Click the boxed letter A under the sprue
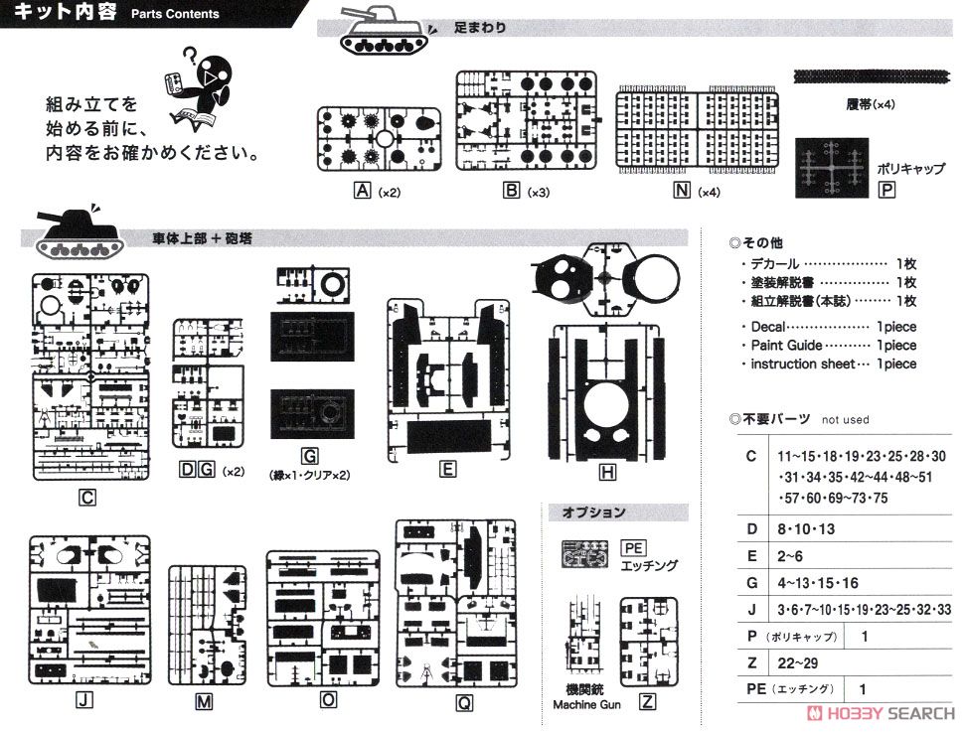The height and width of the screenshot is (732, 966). point(362,191)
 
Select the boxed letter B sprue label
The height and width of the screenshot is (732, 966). point(512,191)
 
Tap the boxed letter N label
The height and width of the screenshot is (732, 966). point(682,191)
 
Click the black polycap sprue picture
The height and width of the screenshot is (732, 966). point(832,168)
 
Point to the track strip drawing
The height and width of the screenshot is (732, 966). point(872,76)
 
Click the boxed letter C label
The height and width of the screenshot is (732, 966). point(87,498)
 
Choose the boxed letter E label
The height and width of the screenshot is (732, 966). point(447,469)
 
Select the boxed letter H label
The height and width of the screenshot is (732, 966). point(607,472)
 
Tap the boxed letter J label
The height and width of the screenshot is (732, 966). point(84,699)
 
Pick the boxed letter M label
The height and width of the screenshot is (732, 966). point(204,701)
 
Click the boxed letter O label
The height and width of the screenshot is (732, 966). point(328,699)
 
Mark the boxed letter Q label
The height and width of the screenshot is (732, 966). point(464,702)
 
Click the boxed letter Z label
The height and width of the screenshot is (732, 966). point(647,701)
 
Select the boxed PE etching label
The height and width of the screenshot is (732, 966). point(633,548)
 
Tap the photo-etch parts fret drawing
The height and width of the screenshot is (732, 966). point(584,553)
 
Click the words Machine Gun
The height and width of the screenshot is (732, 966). point(586,705)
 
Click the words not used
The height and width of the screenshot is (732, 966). point(845,420)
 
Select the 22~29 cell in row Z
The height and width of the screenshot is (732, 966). point(798,663)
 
